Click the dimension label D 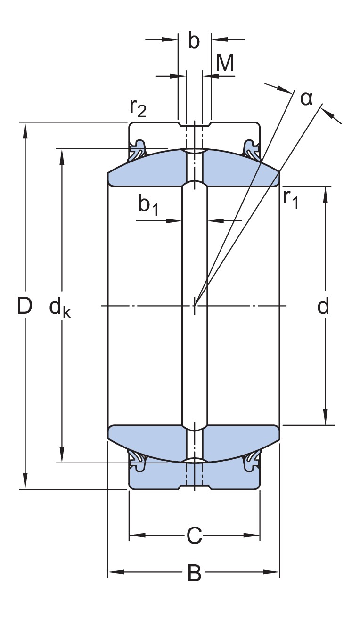click(x=24, y=307)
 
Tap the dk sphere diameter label click(x=60, y=308)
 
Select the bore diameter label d click(x=323, y=307)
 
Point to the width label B click(x=194, y=573)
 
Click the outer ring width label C click(x=194, y=536)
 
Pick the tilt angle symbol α click(x=307, y=98)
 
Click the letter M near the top click(x=225, y=63)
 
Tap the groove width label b click(x=194, y=41)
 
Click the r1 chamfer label click(x=291, y=199)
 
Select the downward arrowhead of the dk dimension click(x=61, y=456)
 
